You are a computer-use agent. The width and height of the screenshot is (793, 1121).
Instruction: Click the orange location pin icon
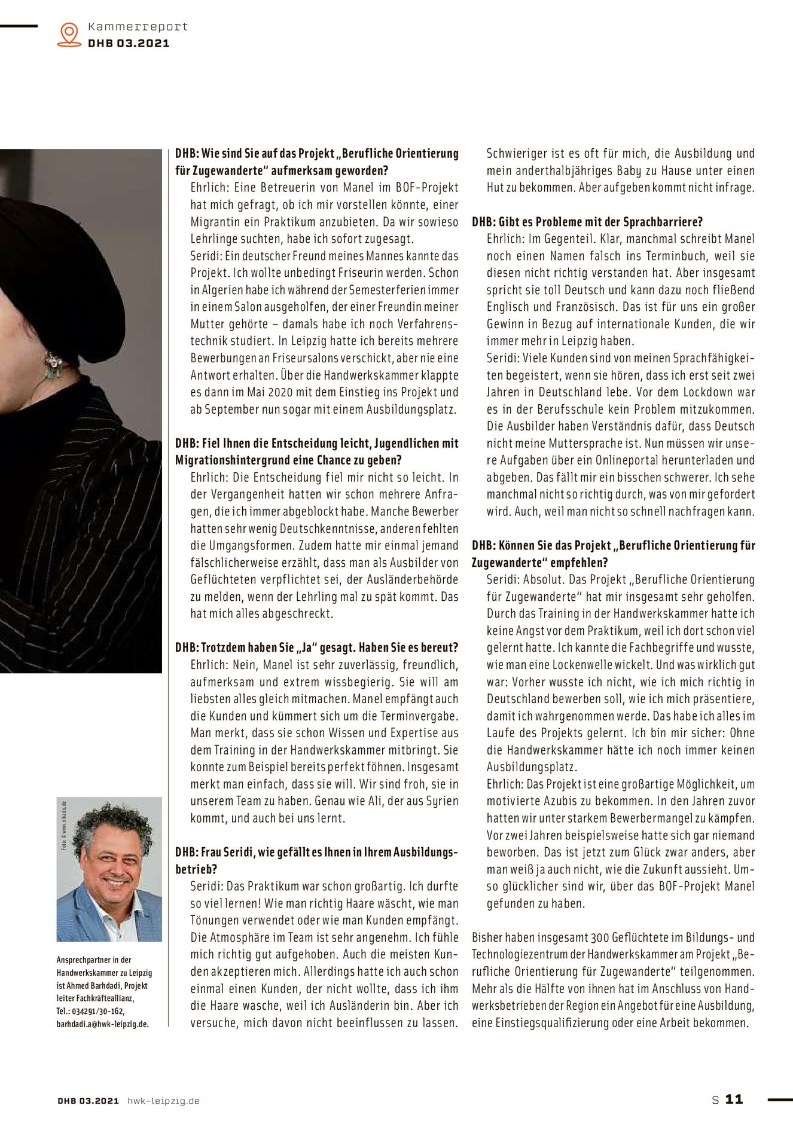click(69, 34)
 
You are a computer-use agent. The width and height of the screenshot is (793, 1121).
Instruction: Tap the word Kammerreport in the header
click(138, 27)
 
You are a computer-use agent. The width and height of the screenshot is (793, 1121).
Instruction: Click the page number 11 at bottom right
click(734, 1099)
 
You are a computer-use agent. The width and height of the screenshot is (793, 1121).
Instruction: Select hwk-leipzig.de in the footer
click(163, 1101)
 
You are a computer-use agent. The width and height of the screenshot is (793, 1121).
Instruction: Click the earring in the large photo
click(53, 364)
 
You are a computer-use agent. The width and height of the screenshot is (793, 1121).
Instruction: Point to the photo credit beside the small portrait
click(63, 825)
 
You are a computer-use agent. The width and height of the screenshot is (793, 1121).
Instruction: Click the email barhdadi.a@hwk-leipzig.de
click(102, 1024)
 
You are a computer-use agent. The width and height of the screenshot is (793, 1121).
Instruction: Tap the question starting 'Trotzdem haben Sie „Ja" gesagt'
click(317, 647)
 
